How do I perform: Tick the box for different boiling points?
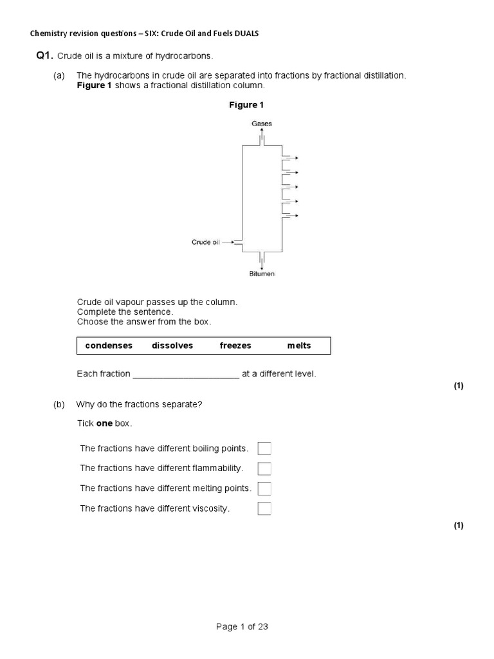click(x=264, y=449)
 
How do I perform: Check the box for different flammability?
click(x=264, y=469)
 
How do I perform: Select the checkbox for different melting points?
click(x=264, y=488)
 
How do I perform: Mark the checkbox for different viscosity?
click(x=264, y=508)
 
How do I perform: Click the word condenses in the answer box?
click(x=109, y=346)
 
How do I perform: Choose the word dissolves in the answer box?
click(x=172, y=346)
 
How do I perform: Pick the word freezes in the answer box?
click(x=235, y=346)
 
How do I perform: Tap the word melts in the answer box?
click(x=299, y=346)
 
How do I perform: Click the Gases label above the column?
click(x=262, y=123)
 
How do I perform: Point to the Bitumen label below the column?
click(x=262, y=274)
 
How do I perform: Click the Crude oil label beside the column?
click(x=205, y=242)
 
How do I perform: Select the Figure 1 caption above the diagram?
click(x=247, y=105)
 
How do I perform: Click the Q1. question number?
click(x=44, y=56)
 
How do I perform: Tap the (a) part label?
click(x=59, y=75)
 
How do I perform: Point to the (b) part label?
click(x=59, y=404)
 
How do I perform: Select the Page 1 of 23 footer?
click(x=242, y=627)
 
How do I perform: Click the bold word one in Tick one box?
click(x=104, y=423)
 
